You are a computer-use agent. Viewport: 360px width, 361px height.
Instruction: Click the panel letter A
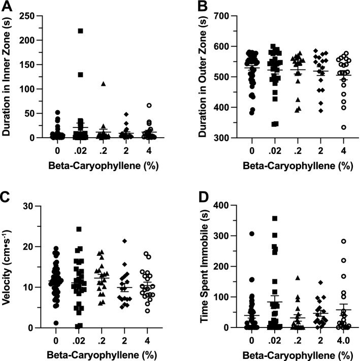coord(7,7)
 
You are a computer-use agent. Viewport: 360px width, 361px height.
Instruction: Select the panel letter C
coord(7,195)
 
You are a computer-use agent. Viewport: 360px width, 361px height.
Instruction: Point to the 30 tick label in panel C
coord(36,206)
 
